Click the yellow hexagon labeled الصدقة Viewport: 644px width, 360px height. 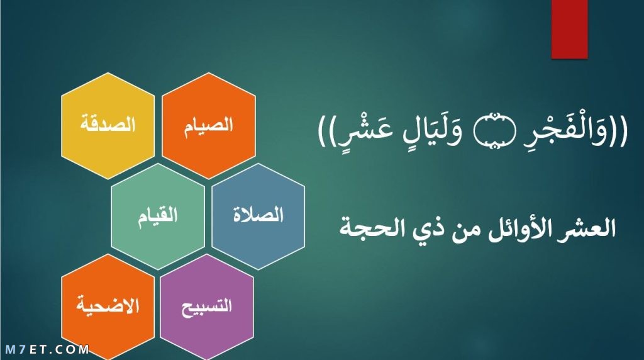pyautogui.click(x=108, y=126)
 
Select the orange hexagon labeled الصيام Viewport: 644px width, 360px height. pyautogui.click(x=209, y=126)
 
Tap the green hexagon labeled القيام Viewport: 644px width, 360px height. pyautogui.click(x=158, y=216)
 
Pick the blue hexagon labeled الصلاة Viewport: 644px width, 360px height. pyautogui.click(x=258, y=216)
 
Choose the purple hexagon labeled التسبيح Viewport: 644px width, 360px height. pyautogui.click(x=207, y=307)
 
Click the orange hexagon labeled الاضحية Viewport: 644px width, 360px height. pyautogui.click(x=108, y=307)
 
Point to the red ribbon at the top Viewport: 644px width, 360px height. pyautogui.click(x=569, y=29)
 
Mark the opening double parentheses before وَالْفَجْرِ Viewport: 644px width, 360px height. pyautogui.click(x=619, y=131)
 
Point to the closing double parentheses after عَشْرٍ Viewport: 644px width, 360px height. pyautogui.click(x=327, y=131)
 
